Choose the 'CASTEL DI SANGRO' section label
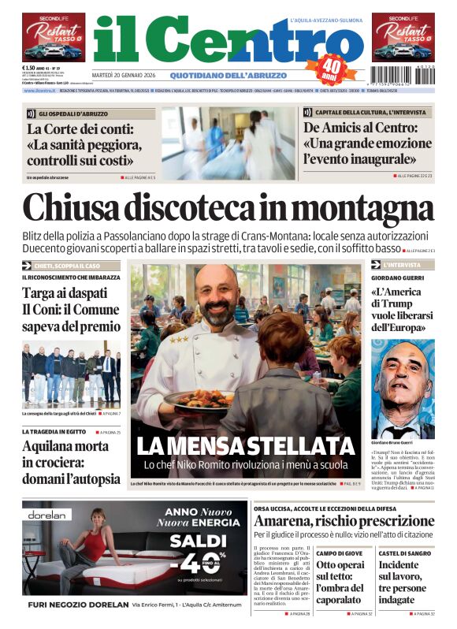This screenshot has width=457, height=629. coord(403,554)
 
